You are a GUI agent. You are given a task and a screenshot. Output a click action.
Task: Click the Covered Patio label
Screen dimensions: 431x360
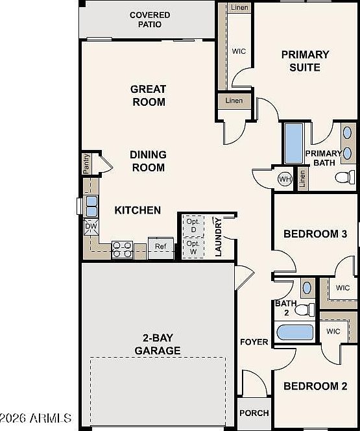point(150,19)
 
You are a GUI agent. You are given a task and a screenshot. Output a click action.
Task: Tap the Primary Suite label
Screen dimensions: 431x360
point(305,60)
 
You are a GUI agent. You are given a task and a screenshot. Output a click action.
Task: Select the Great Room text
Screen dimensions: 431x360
point(149,95)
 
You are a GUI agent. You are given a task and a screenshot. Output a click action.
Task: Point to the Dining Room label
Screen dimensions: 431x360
point(148,161)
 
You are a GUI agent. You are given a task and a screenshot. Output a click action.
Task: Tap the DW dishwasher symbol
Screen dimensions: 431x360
point(90,226)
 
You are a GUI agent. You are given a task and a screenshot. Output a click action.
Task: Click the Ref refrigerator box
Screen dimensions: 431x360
point(161,247)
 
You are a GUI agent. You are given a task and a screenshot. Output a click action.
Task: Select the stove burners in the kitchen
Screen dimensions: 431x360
point(122,249)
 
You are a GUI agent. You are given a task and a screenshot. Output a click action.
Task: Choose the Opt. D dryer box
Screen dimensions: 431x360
point(193,208)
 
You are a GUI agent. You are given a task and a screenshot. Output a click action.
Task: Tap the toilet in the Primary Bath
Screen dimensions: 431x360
point(345,177)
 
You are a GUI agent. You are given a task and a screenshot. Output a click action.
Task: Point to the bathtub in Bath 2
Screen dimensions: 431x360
point(294,333)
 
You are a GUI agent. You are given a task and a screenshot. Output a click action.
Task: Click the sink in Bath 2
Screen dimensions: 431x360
point(307,286)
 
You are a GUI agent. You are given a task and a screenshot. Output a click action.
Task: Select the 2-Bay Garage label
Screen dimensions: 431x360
point(157,344)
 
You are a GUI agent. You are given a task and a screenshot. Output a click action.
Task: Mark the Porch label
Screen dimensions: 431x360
point(254,413)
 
